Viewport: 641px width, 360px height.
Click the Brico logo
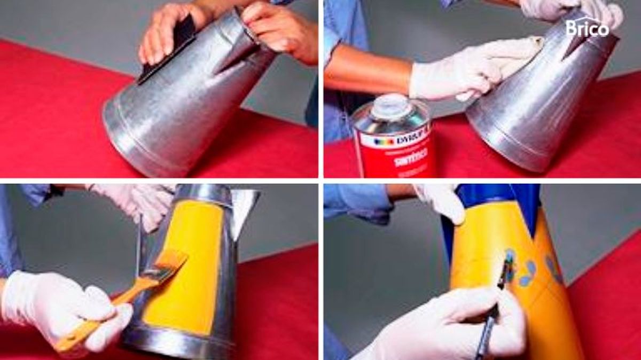pos(588,27)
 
